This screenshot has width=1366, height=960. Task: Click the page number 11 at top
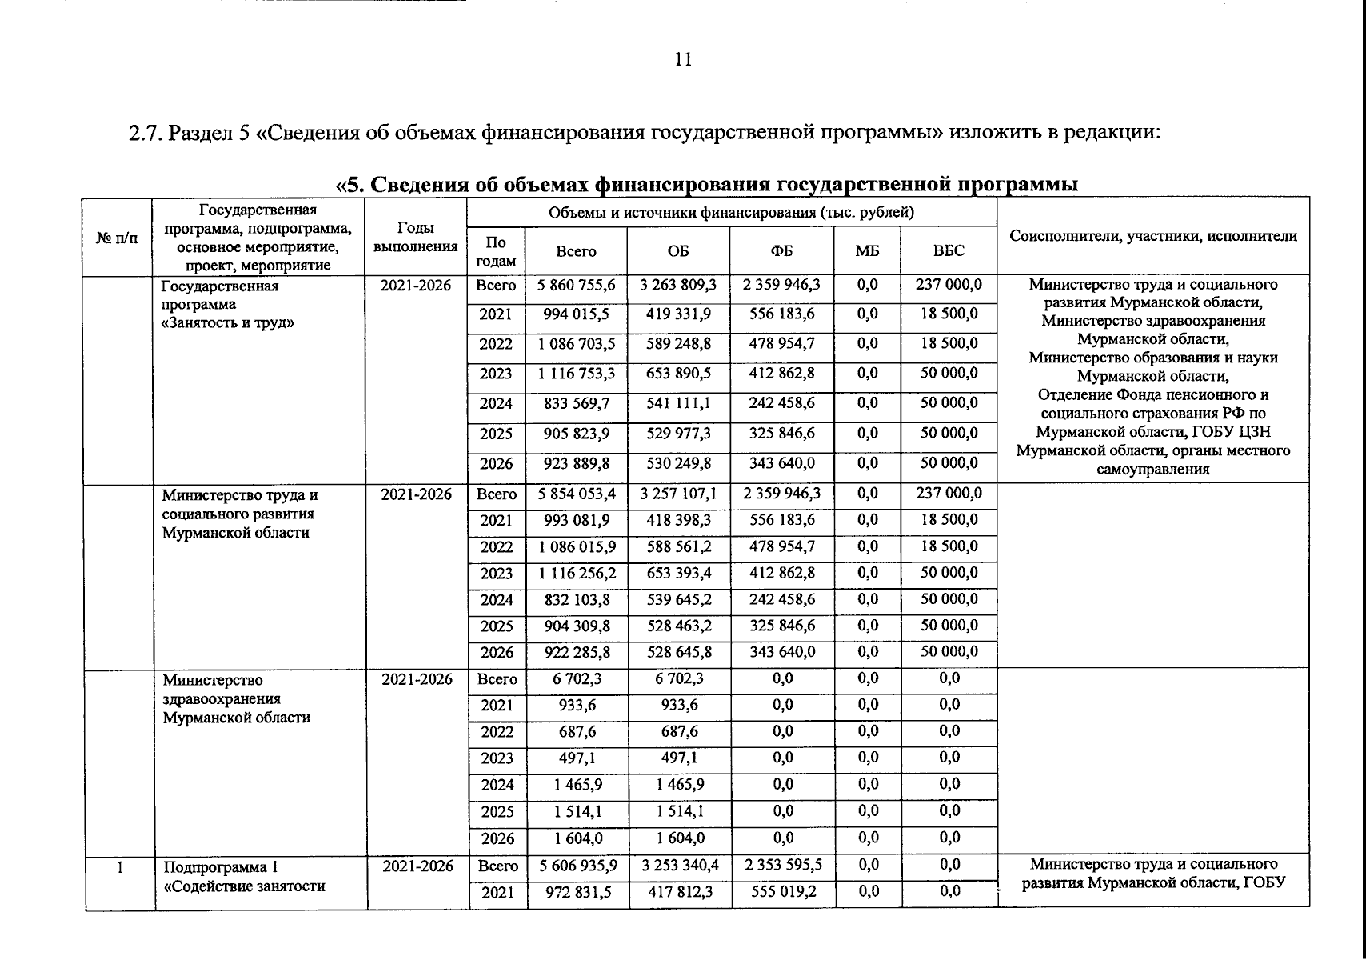click(683, 60)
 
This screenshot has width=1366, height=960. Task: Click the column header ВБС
click(949, 251)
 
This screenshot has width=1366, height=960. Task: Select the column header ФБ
click(781, 251)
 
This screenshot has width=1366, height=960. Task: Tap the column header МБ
click(867, 251)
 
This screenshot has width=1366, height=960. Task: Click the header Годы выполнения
click(415, 238)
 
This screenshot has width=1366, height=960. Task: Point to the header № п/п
click(117, 238)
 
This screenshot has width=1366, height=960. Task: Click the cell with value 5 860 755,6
click(577, 285)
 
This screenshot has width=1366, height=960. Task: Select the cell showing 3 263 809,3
click(678, 285)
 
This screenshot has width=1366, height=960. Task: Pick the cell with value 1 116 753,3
click(577, 374)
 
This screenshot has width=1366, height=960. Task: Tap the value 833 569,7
click(577, 404)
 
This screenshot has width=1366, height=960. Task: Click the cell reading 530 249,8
click(678, 463)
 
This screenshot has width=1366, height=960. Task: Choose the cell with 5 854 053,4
click(577, 494)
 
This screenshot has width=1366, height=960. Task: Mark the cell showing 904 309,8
click(577, 626)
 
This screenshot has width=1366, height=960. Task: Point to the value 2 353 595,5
click(783, 865)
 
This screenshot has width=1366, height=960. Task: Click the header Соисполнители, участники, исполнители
click(1153, 236)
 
